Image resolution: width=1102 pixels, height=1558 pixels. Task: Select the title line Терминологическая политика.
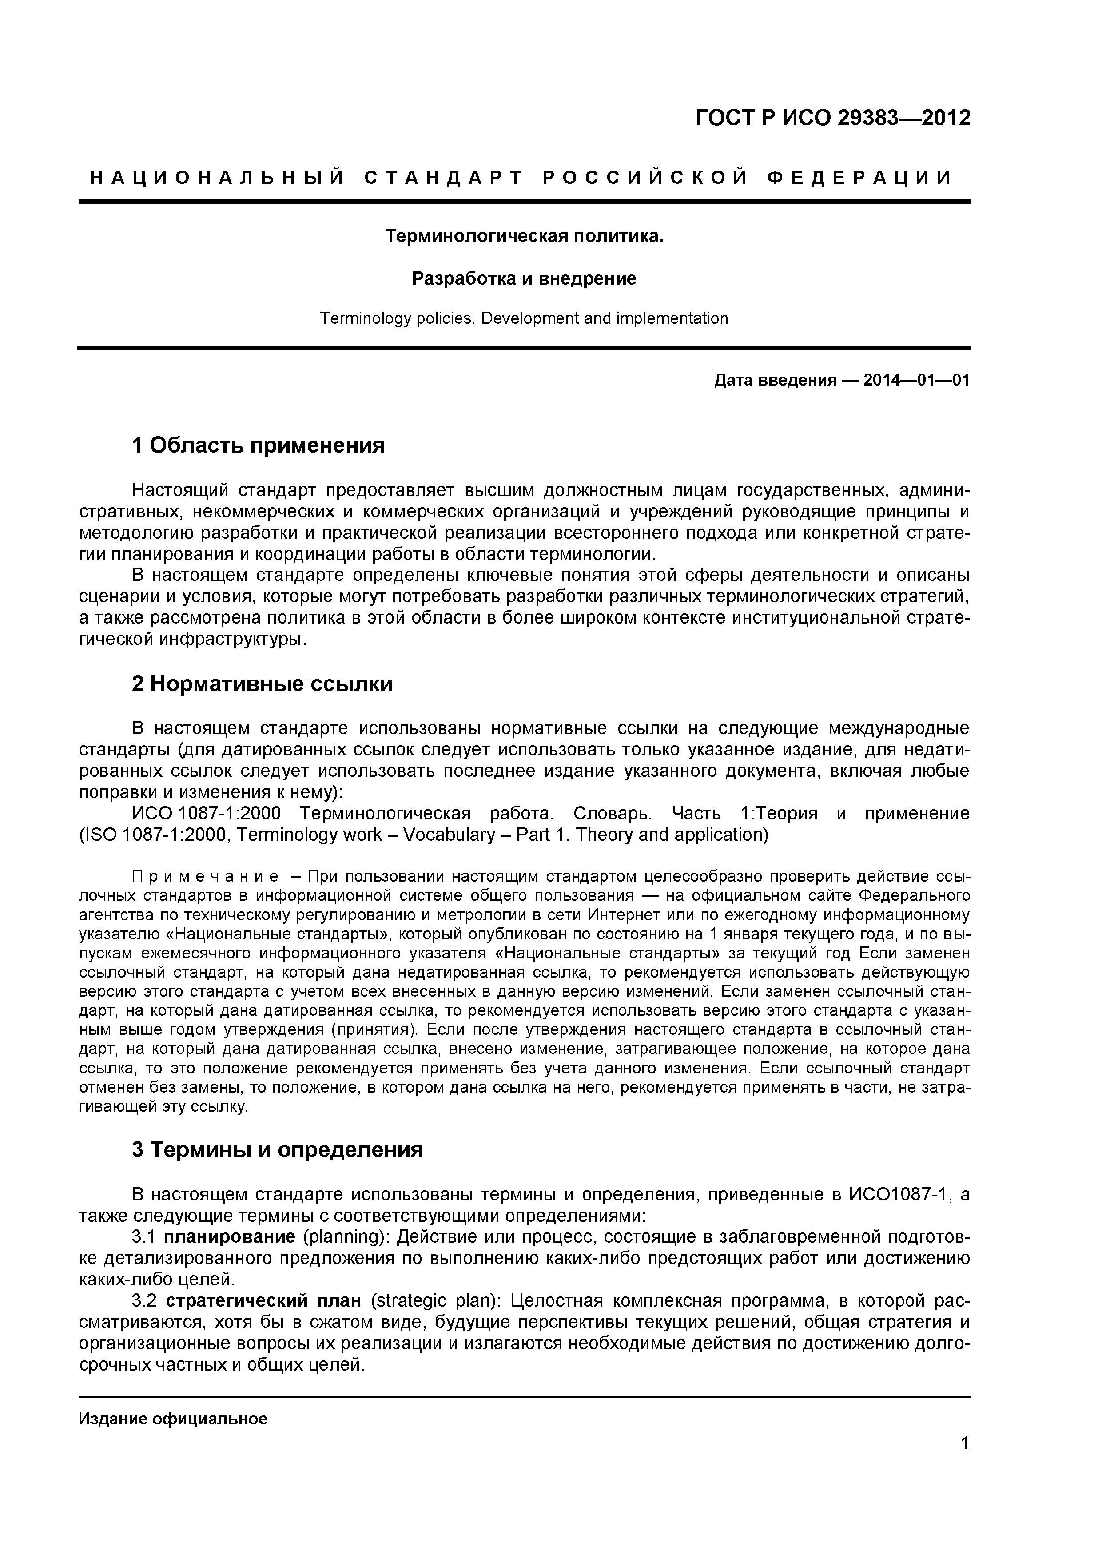pos(524,236)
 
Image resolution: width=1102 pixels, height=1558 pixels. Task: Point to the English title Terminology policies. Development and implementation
pos(524,318)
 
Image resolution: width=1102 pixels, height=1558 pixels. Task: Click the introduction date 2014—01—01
pos(916,380)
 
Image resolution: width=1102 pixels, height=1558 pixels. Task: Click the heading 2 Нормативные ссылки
pos(262,684)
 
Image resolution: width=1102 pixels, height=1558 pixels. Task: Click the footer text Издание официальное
pos(173,1419)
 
